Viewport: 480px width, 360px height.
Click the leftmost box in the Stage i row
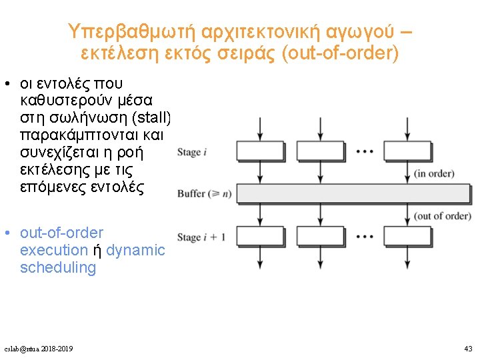pyautogui.click(x=260, y=151)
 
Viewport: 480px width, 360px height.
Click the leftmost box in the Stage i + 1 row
pyautogui.click(x=260, y=237)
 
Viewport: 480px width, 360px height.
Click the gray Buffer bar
pyautogui.click(x=353, y=193)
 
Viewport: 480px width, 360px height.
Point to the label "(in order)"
pyautogui.click(x=433, y=174)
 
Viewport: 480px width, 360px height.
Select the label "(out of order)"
pyautogui.click(x=442, y=216)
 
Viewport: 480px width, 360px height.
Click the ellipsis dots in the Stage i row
pyautogui.click(x=365, y=151)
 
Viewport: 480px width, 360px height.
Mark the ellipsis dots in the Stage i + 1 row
pyautogui.click(x=365, y=237)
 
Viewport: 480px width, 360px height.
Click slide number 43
pyautogui.click(x=467, y=349)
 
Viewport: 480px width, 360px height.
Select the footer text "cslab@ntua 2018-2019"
pyautogui.click(x=39, y=349)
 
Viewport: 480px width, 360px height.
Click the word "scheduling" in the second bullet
pyautogui.click(x=58, y=268)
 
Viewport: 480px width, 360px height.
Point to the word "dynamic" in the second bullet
pyautogui.click(x=135, y=251)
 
